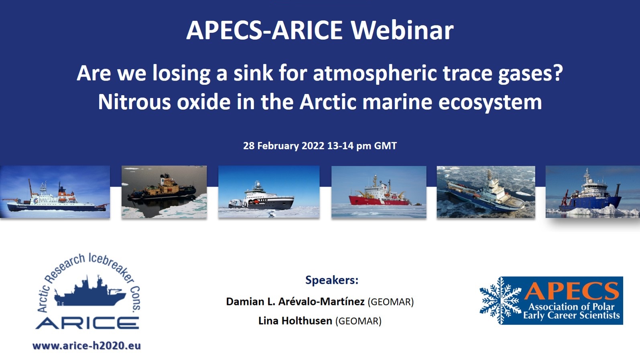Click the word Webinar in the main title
coord(402,31)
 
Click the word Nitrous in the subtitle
coord(134,102)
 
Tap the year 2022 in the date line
coord(313,146)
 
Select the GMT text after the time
coord(385,146)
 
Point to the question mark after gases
coord(558,73)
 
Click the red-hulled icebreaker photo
coord(379,192)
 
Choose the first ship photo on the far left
coord(55,192)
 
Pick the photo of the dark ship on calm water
coord(164,192)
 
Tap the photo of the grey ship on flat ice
coord(269,192)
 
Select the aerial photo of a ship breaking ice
coord(486,192)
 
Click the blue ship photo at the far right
coord(592,192)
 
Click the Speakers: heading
coord(331,280)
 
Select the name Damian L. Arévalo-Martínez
coord(295,301)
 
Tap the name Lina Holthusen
coord(295,321)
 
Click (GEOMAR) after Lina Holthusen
coord(358,321)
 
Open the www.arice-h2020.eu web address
coord(87,346)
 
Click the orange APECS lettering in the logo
coord(571,291)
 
